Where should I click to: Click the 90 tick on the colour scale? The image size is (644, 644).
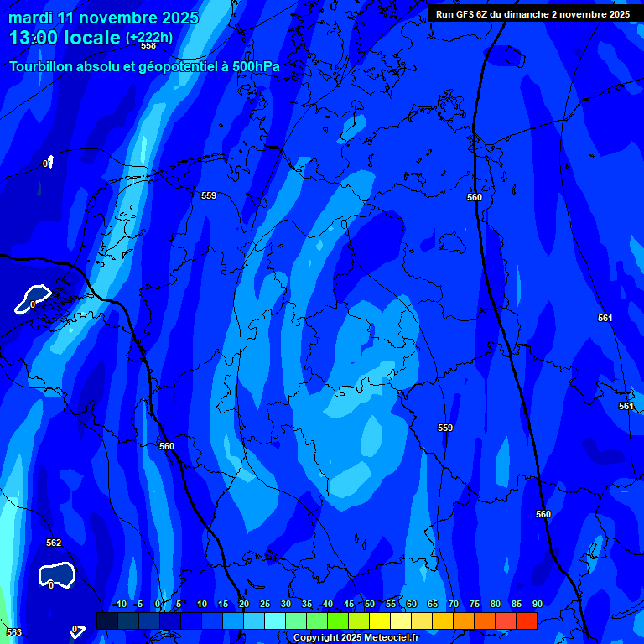click(x=537, y=605)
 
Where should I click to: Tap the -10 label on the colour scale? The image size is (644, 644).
click(x=119, y=605)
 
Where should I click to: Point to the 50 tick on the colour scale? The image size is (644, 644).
click(x=369, y=605)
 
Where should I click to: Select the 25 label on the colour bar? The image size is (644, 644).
click(x=264, y=605)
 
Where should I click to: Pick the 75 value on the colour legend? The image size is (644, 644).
click(x=474, y=605)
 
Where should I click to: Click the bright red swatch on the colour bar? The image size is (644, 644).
click(x=526, y=621)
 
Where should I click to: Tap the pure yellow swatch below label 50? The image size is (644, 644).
click(x=379, y=621)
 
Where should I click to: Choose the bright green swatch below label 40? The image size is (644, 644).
click(x=337, y=621)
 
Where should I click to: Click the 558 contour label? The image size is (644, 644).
click(x=148, y=46)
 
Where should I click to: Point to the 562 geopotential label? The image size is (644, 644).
click(x=54, y=543)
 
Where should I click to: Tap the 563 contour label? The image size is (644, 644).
click(x=13, y=632)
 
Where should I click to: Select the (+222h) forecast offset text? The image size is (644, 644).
click(x=149, y=38)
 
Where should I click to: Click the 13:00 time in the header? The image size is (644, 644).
click(x=38, y=38)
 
